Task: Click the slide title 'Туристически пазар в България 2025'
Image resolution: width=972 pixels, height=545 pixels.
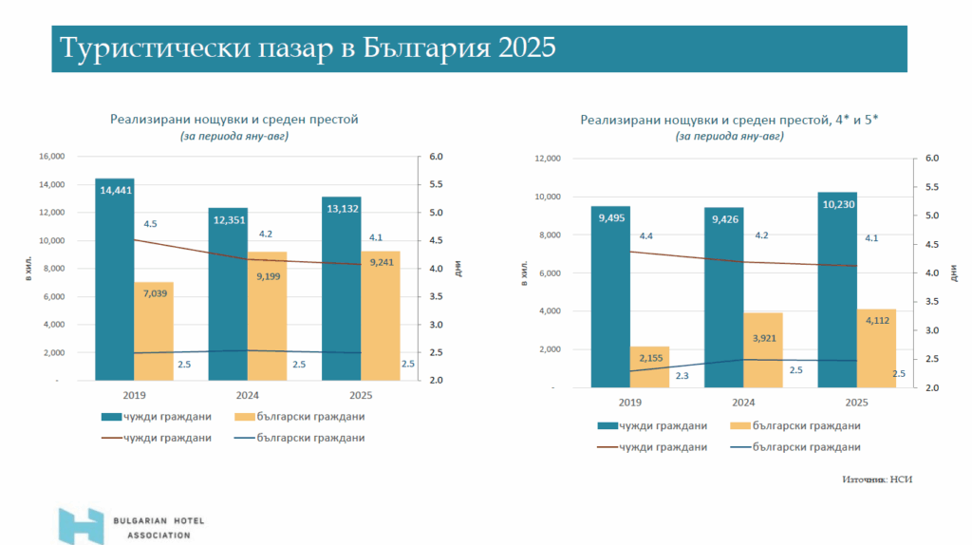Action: pyautogui.click(x=307, y=48)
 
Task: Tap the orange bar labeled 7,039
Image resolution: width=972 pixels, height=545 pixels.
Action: pyautogui.click(x=153, y=332)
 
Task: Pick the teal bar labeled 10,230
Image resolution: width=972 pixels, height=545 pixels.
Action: pyautogui.click(x=837, y=294)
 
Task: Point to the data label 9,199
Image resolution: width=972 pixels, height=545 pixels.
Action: pyautogui.click(x=267, y=276)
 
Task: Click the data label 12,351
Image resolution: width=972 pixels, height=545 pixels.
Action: pyautogui.click(x=228, y=220)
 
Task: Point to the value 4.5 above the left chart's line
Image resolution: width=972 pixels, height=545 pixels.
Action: pyautogui.click(x=150, y=224)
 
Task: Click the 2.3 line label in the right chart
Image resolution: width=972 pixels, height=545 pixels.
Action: pyautogui.click(x=682, y=376)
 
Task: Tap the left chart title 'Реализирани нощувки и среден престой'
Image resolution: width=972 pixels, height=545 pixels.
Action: pyautogui.click(x=234, y=120)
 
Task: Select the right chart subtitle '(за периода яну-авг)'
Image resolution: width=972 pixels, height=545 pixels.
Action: pyautogui.click(x=729, y=137)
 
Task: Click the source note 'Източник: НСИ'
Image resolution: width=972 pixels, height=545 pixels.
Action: pyautogui.click(x=876, y=479)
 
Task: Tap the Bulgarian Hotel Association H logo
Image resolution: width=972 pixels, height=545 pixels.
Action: pyautogui.click(x=81, y=525)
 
